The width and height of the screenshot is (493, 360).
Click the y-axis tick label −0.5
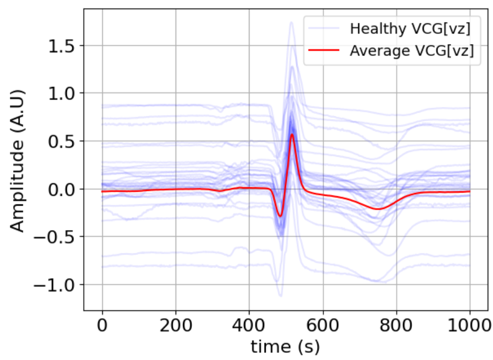tap(57, 237)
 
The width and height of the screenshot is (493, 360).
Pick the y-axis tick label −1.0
tap(57, 285)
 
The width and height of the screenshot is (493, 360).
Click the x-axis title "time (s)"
tap(286, 346)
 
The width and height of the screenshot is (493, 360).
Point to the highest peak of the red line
tap(292, 134)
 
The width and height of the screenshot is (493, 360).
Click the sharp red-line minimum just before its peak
tap(280, 216)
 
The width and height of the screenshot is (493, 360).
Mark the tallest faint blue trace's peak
tap(291, 22)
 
